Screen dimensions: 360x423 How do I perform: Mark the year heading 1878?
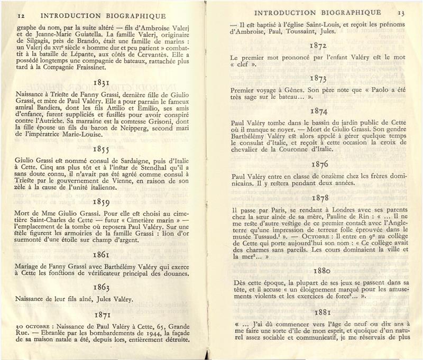[x=321, y=198]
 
